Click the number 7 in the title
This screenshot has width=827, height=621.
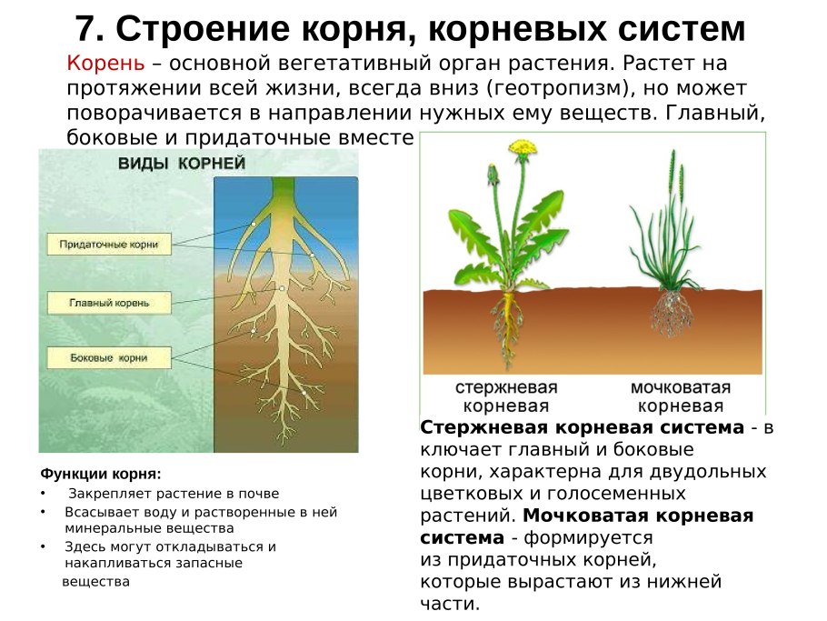(85, 30)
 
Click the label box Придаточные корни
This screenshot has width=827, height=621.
(109, 245)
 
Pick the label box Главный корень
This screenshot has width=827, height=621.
(109, 303)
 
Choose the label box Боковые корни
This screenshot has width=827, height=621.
(109, 358)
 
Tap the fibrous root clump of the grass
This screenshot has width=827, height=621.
(673, 314)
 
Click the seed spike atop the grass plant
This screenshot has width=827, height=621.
(672, 169)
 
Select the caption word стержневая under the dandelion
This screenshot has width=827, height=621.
(507, 388)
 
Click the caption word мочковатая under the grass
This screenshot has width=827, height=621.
(681, 388)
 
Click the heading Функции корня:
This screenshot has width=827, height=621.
(101, 475)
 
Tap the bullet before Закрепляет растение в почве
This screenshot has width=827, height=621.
(43, 494)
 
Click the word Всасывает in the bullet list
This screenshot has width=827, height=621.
(95, 512)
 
